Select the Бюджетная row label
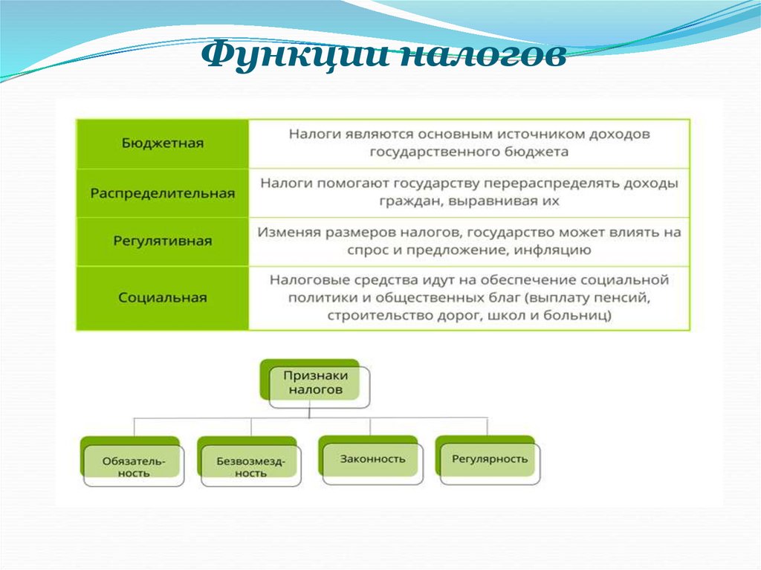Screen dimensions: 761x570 tap(163, 143)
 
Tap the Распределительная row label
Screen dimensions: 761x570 tap(163, 193)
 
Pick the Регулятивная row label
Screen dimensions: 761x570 tap(163, 241)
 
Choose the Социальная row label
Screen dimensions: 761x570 tap(163, 297)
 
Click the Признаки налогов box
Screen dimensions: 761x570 tap(315, 383)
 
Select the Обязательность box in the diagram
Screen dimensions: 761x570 tap(132, 461)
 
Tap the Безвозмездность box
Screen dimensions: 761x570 tap(250, 461)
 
